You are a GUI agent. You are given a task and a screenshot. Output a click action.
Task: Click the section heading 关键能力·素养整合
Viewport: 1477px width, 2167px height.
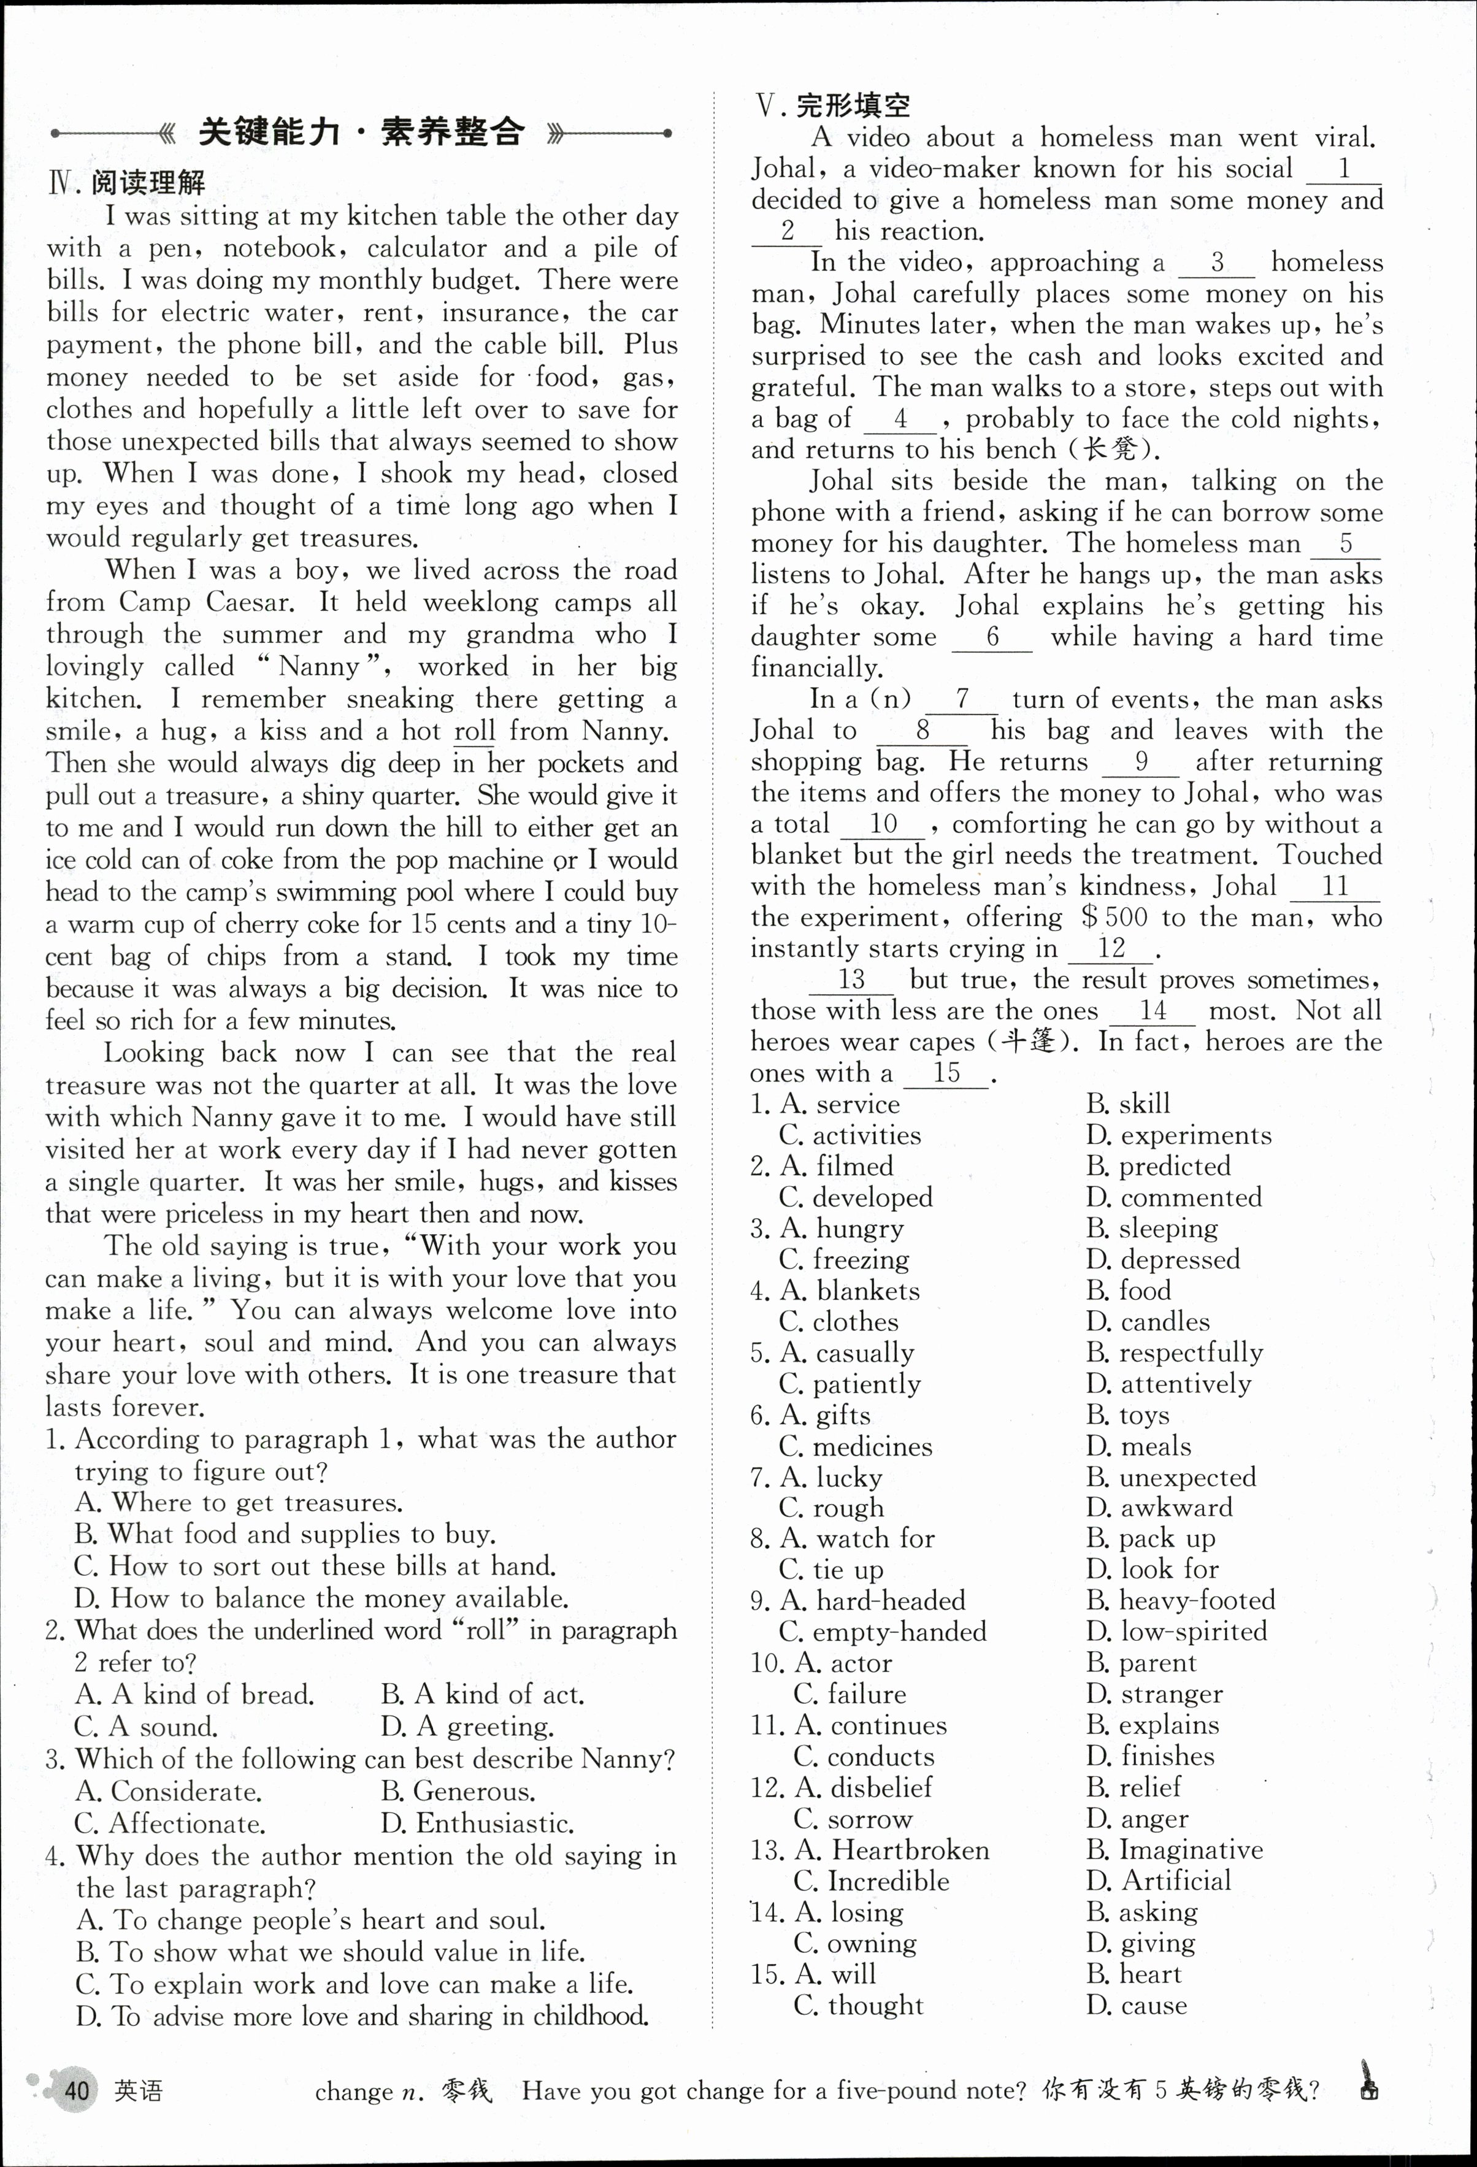tap(362, 132)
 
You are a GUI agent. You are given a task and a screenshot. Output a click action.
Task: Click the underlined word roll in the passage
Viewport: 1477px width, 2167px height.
tap(475, 731)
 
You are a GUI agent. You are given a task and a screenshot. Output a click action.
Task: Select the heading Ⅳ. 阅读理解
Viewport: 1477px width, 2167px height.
tap(127, 183)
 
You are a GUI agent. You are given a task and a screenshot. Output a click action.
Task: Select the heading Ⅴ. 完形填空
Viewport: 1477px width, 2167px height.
tap(833, 105)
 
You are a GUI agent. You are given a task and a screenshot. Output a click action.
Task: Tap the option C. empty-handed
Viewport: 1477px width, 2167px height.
tap(882, 1632)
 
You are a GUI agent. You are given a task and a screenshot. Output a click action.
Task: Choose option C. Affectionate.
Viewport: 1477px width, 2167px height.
tap(170, 1823)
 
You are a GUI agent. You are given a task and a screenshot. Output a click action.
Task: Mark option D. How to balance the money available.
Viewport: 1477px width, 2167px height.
tap(321, 1598)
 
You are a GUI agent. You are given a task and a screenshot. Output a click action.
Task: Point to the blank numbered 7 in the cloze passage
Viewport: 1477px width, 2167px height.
tap(962, 699)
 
